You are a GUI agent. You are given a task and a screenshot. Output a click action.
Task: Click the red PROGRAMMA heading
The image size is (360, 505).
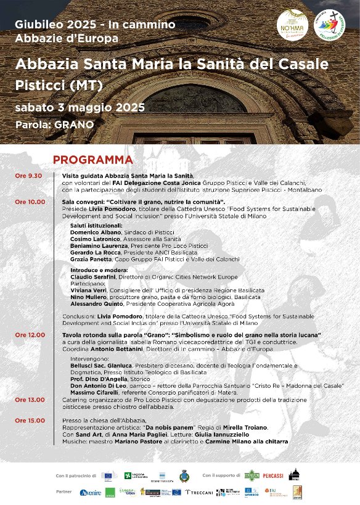(92, 160)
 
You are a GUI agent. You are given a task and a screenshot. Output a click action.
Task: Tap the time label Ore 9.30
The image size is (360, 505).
(30, 176)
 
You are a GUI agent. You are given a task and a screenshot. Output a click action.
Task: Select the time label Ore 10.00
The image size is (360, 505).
(31, 202)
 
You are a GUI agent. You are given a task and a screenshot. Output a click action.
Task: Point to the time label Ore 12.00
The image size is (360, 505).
(31, 335)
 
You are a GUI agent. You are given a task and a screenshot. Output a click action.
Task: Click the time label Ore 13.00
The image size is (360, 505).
(31, 400)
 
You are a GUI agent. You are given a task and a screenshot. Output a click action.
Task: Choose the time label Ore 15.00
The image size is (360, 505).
(31, 421)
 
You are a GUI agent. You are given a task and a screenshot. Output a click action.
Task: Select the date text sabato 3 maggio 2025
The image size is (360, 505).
(80, 107)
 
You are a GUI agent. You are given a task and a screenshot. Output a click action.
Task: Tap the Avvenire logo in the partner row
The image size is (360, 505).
(90, 492)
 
